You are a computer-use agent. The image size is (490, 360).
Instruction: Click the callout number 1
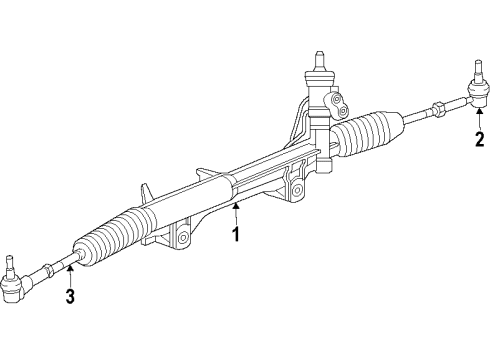[x=236, y=236]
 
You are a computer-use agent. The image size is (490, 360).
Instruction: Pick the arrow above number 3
[x=70, y=270]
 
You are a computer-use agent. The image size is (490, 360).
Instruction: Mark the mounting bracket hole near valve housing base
[x=297, y=189]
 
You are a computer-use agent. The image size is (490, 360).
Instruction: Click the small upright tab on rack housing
[x=147, y=191]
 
